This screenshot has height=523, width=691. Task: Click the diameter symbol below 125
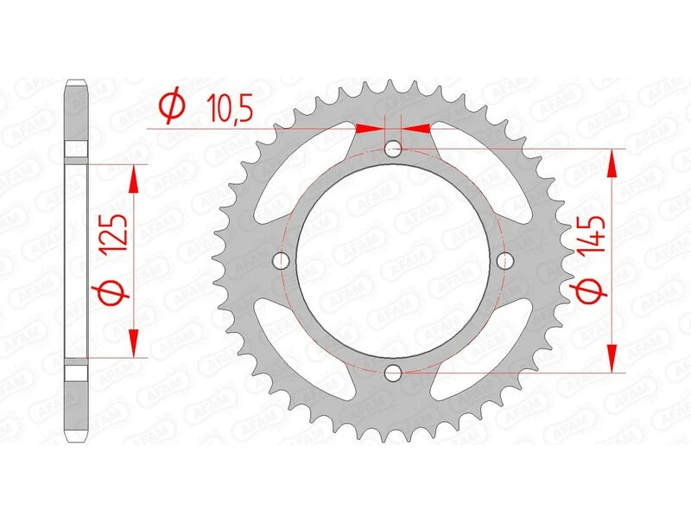tap(118, 294)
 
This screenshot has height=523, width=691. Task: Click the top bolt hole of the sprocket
tap(393, 149)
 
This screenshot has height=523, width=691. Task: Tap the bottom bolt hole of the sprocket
tap(393, 373)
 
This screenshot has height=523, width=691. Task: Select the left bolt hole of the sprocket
tap(281, 260)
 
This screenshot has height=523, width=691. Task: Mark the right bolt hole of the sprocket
tap(505, 260)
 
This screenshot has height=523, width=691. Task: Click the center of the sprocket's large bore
tap(393, 260)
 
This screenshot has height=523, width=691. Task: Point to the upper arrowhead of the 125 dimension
tap(133, 177)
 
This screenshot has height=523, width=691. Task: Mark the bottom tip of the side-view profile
tap(77, 437)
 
